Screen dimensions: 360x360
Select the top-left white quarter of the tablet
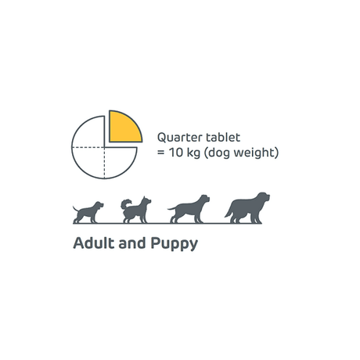tap(89, 131)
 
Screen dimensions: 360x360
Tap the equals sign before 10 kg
tap(160, 152)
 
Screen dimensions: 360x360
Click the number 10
tap(175, 152)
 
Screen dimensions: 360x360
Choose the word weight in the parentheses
tap(256, 152)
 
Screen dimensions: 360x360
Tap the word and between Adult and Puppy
tap(131, 243)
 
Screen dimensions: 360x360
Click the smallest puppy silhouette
tap(87, 212)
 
